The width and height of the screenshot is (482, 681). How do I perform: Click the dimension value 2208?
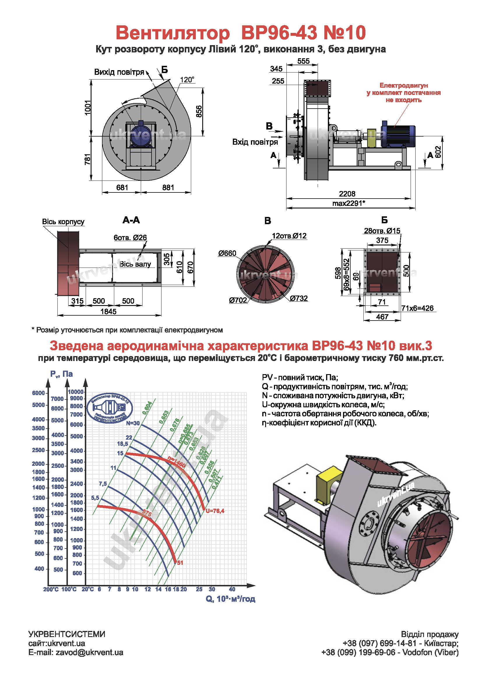(x=347, y=194)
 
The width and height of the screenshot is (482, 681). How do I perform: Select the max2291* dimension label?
(x=349, y=204)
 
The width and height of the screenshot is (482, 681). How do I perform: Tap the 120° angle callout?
(x=187, y=80)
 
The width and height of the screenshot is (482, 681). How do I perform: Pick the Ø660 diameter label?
(x=227, y=253)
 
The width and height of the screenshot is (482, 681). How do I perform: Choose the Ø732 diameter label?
(x=299, y=298)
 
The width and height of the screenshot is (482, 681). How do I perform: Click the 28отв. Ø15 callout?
(x=382, y=231)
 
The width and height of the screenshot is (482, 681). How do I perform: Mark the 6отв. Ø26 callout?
(x=130, y=238)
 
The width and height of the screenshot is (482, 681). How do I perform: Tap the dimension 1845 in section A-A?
(x=108, y=312)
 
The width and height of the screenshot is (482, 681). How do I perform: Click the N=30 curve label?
(x=133, y=423)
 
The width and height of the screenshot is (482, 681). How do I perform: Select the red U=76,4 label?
(x=215, y=511)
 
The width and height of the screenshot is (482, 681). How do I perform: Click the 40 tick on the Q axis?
(x=232, y=589)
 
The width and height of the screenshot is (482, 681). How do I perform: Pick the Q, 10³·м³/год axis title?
(x=230, y=599)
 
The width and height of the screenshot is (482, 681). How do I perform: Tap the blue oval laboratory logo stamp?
(x=110, y=408)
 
